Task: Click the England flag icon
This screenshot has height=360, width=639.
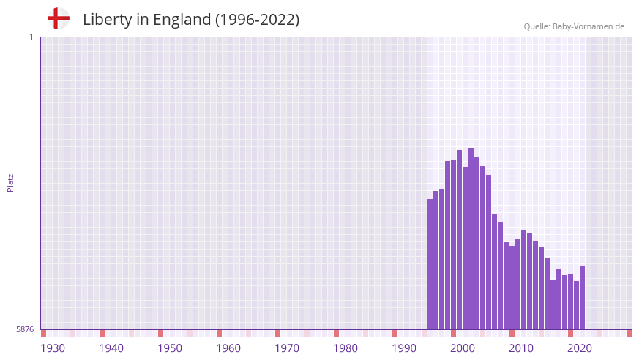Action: point(58,18)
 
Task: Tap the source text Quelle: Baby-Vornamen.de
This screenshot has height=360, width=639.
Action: point(574,26)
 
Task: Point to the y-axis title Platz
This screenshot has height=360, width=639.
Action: point(10,183)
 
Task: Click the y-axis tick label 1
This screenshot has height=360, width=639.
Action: point(31,37)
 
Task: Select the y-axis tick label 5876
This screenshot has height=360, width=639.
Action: point(25,329)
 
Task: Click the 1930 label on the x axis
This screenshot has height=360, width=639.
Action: point(53,348)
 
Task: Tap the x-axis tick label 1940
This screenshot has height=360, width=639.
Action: point(111,348)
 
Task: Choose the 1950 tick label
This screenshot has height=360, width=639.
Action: point(170,348)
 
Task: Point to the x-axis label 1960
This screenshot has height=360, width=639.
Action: point(228,348)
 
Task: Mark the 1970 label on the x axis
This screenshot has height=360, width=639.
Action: point(287,348)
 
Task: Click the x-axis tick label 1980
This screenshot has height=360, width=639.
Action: point(345,348)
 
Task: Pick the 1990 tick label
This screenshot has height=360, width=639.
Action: point(404,348)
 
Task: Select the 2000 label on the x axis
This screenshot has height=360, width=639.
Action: point(463,348)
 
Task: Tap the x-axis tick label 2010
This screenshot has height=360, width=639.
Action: point(521,348)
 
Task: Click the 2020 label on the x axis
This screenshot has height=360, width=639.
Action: point(580,348)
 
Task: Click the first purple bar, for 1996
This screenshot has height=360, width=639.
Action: point(430,263)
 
